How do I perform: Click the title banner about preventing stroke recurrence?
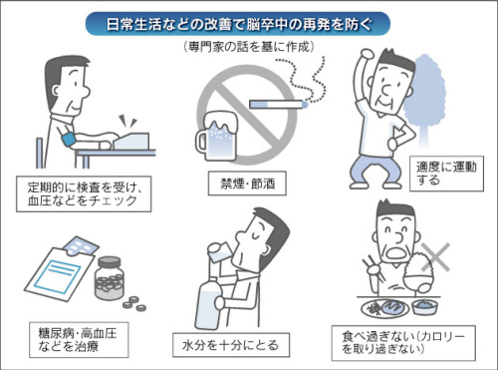[x=248, y=21]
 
